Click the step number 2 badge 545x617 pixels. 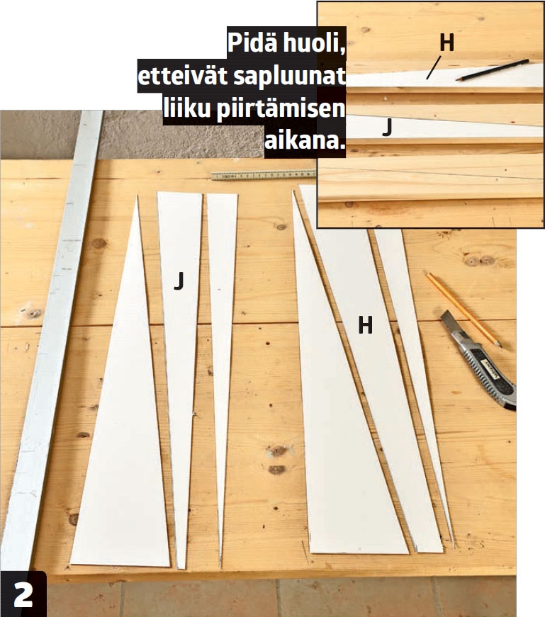(x=23, y=594)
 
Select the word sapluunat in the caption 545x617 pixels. (x=290, y=77)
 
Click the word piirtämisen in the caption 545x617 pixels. (x=281, y=108)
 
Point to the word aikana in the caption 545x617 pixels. (x=302, y=140)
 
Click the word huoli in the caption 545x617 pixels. (x=313, y=43)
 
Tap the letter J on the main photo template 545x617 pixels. (x=179, y=281)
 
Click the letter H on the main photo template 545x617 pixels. (x=365, y=325)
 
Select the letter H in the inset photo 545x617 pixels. (x=446, y=42)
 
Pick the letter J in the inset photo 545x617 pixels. (x=388, y=127)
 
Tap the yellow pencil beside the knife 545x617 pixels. (x=462, y=309)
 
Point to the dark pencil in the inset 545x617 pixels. (x=493, y=69)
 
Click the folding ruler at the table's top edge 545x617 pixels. (x=264, y=175)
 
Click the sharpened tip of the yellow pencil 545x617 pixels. (x=500, y=346)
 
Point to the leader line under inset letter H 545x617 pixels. (x=434, y=68)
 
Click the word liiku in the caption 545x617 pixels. (x=186, y=108)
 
